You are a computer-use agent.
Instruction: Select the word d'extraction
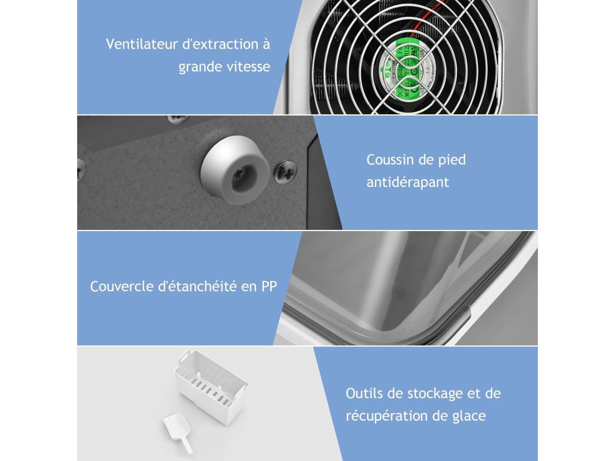[219, 44]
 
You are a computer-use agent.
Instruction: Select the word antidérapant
[408, 182]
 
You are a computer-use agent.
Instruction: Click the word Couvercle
[122, 286]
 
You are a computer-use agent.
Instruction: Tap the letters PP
[268, 286]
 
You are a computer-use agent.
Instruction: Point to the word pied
[452, 160]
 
